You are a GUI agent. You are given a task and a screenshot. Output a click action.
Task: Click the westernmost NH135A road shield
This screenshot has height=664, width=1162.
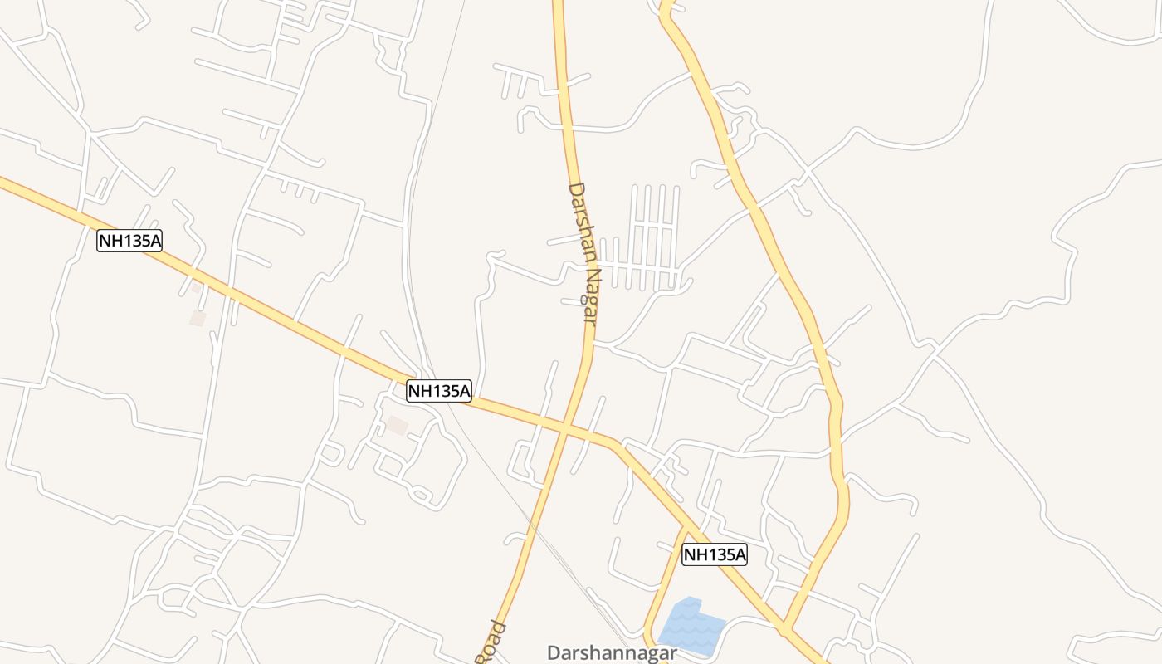[x=129, y=241]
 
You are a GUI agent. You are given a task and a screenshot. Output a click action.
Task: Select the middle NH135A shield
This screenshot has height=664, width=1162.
[x=439, y=390]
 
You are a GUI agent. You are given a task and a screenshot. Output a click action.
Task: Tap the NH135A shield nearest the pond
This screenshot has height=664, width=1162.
[x=715, y=554]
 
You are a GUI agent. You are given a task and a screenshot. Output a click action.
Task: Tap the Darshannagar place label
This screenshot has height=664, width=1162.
[x=612, y=653]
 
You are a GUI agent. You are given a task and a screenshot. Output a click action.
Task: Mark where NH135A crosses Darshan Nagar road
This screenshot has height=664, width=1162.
[x=564, y=428]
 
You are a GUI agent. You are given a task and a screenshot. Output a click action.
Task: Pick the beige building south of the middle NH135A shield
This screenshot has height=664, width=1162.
[x=398, y=425]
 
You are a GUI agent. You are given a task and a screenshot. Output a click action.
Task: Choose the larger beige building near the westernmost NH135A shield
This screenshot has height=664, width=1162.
[x=198, y=317]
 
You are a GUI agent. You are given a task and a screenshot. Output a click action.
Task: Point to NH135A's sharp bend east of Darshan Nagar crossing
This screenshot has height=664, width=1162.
[x=615, y=445]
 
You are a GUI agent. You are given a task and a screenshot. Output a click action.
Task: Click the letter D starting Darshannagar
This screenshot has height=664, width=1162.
[x=554, y=653]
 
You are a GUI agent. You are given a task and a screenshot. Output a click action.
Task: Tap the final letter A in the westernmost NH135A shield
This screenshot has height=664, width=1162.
[x=155, y=241]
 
